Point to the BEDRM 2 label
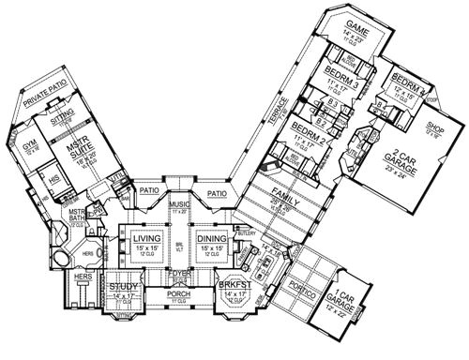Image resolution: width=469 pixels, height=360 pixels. (x=308, y=127)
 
